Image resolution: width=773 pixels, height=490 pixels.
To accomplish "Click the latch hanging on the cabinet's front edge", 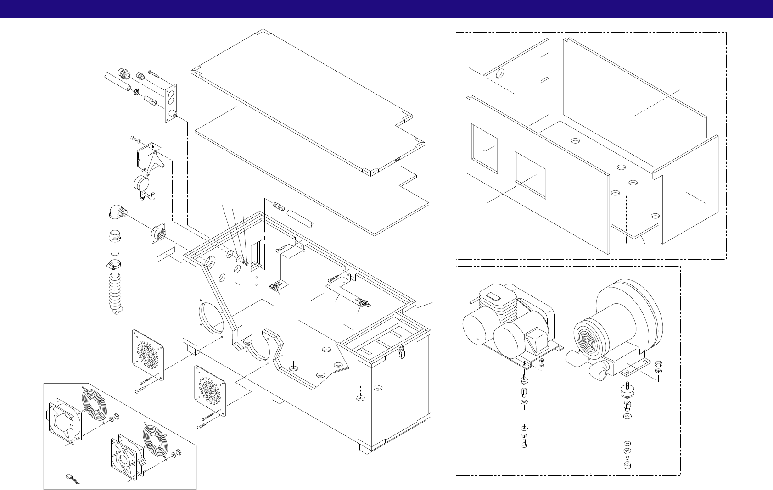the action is [402, 352].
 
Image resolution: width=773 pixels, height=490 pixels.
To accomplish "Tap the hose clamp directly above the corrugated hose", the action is [113, 265].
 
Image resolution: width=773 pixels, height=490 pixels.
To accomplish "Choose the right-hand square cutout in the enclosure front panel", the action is [531, 175].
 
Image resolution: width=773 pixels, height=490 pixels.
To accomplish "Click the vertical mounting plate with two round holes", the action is [172, 103].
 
